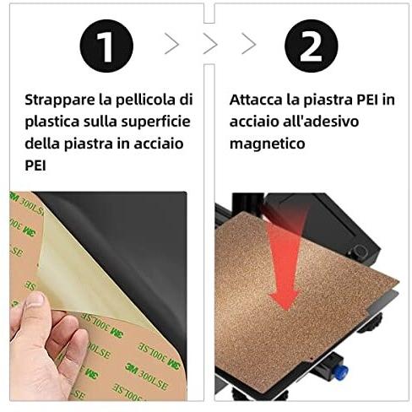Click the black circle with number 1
click(x=106, y=46)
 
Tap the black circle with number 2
click(x=311, y=46)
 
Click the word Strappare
click(x=60, y=100)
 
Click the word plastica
click(x=52, y=122)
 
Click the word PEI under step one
click(x=35, y=165)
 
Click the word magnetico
click(x=268, y=144)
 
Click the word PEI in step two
click(x=367, y=100)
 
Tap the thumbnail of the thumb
click(x=35, y=300)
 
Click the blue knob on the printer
click(x=340, y=371)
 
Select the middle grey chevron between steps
click(x=210, y=44)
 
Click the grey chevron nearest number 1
click(x=172, y=44)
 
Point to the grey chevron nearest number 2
click(x=249, y=44)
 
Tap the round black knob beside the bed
click(x=359, y=251)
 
